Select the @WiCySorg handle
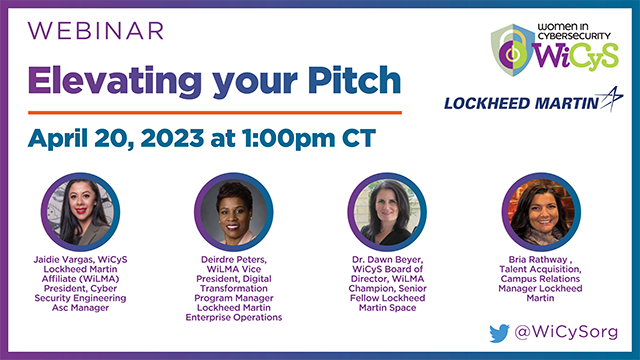click(x=567, y=331)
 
